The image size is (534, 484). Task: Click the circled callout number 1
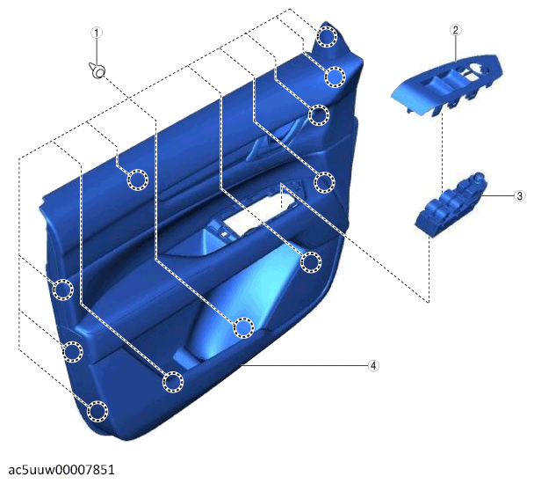pyautogui.click(x=97, y=33)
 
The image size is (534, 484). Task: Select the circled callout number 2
pyautogui.click(x=456, y=30)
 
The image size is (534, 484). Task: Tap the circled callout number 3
pyautogui.click(x=520, y=196)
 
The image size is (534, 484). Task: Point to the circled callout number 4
pyautogui.click(x=373, y=365)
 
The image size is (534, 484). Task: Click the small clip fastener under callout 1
pyautogui.click(x=97, y=70)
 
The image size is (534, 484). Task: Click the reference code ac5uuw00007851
pyautogui.click(x=61, y=470)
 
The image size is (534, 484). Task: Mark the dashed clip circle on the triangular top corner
pyautogui.click(x=326, y=36)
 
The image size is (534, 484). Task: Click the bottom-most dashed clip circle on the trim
pyautogui.click(x=97, y=411)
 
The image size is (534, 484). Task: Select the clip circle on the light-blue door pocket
pyautogui.click(x=244, y=327)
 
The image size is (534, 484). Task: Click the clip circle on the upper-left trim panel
pyautogui.click(x=138, y=180)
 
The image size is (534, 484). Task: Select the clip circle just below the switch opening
pyautogui.click(x=311, y=262)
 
